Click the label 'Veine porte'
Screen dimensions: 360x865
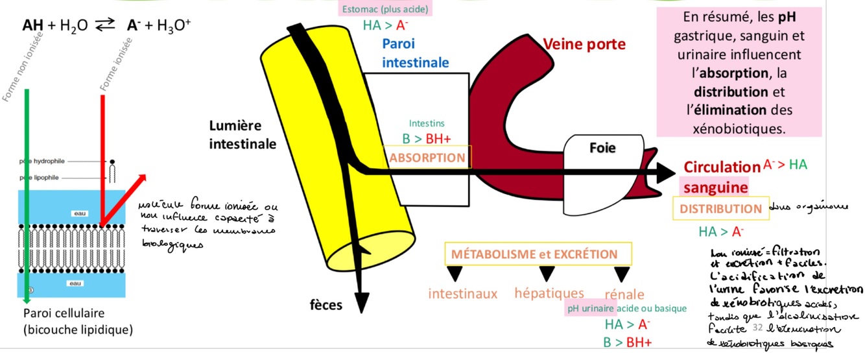(584, 45)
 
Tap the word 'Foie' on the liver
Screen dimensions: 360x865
(602, 148)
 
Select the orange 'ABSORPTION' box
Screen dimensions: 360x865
(427, 158)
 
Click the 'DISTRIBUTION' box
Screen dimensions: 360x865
(720, 209)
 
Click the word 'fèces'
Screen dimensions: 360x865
(326, 305)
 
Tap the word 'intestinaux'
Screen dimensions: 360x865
(462, 294)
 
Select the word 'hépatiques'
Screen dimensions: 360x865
(549, 293)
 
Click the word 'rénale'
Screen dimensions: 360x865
(624, 294)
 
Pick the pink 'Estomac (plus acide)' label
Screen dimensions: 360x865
(385, 9)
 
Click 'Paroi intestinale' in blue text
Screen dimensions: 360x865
(415, 53)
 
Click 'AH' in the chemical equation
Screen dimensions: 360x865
(33, 26)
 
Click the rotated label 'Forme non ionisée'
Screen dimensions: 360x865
(17, 68)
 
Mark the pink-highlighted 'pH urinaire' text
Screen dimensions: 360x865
(590, 308)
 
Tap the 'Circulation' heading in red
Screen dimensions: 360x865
(722, 167)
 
